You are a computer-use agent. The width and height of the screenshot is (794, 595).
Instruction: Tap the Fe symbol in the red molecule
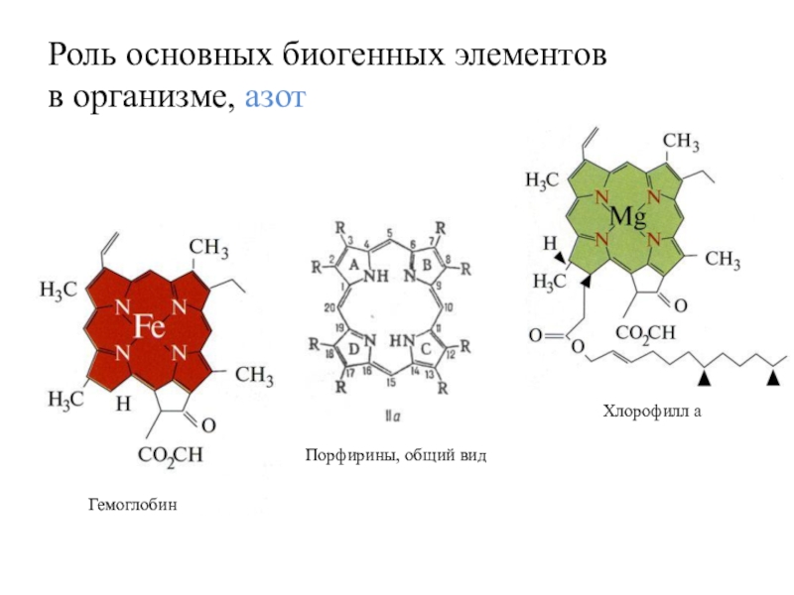coord(150,326)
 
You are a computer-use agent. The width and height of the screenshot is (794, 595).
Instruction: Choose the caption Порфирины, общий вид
coord(395,454)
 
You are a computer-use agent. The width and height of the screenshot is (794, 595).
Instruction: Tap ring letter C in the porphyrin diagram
coord(425,348)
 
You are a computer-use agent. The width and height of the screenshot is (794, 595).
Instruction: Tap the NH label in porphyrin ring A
coord(374,279)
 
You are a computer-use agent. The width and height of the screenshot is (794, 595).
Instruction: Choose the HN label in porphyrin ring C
coord(401,339)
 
